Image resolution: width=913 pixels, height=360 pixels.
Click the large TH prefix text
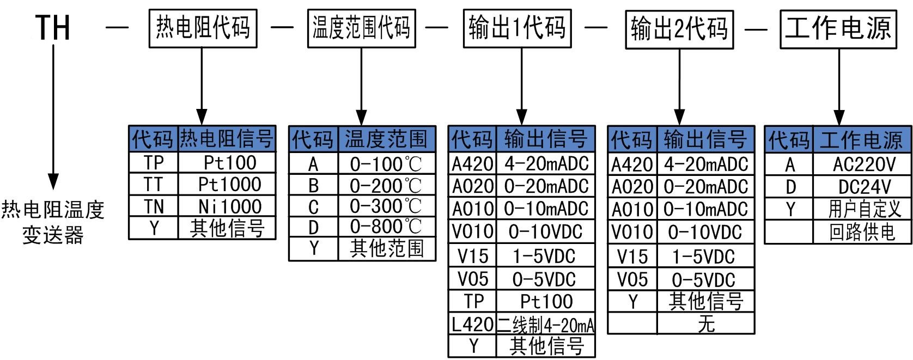pyautogui.click(x=53, y=27)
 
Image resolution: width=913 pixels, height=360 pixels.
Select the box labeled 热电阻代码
pyautogui.click(x=203, y=27)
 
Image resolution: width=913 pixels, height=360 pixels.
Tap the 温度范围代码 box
pyautogui.click(x=361, y=27)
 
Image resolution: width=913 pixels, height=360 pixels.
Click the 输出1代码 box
pyautogui.click(x=518, y=27)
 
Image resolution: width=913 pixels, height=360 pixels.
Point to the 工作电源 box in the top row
pyautogui.click(x=838, y=27)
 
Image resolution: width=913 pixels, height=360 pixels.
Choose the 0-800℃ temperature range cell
pyautogui.click(x=386, y=227)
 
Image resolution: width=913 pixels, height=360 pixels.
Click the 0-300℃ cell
pyautogui.click(x=386, y=206)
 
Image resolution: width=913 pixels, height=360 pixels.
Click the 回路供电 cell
pyautogui.click(x=862, y=232)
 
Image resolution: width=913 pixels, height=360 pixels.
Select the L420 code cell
pyautogui.click(x=472, y=325)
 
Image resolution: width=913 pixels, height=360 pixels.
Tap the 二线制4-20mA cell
pyautogui.click(x=545, y=325)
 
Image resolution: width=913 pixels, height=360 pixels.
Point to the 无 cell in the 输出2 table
pyautogui.click(x=705, y=324)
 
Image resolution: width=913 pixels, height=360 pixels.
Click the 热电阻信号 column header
pyautogui.click(x=227, y=139)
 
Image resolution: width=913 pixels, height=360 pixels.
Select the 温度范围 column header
pyautogui.click(x=386, y=140)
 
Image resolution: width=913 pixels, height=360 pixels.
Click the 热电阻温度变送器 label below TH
pyautogui.click(x=53, y=222)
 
